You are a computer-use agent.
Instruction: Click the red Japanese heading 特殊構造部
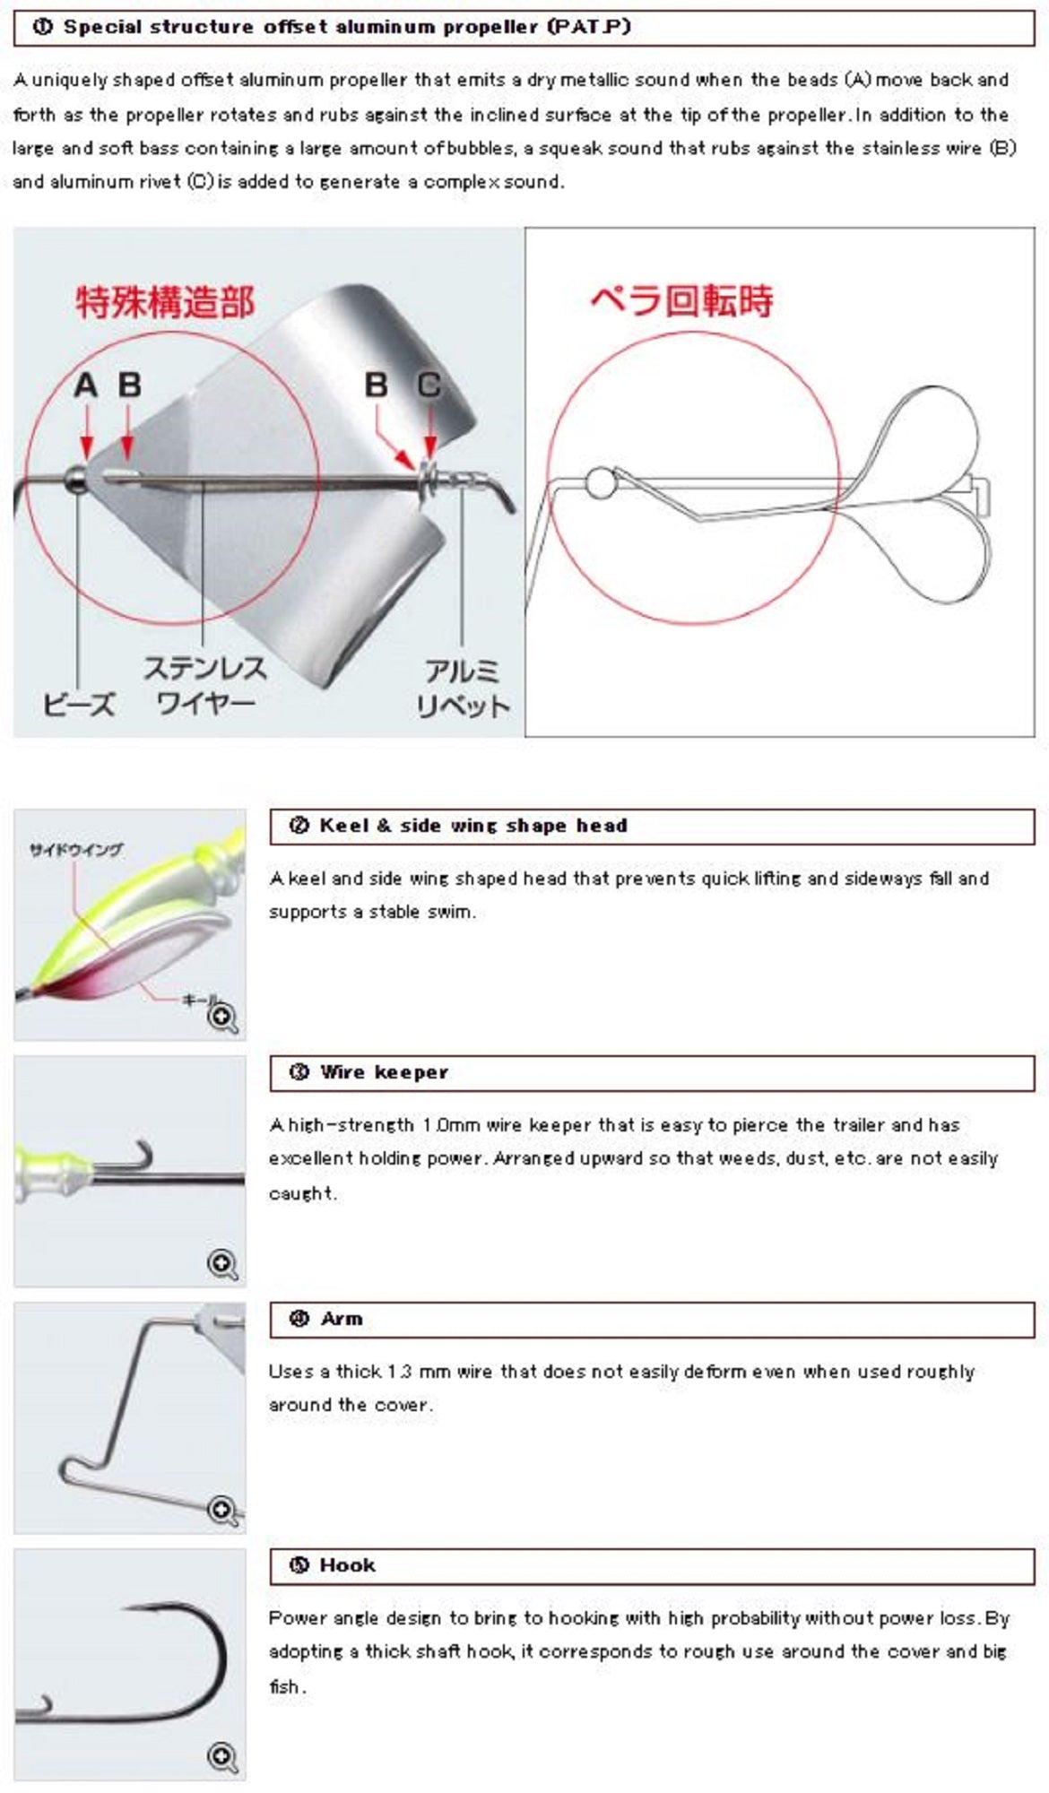[165, 302]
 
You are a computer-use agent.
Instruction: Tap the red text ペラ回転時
[681, 301]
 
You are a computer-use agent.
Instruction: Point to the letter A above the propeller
[85, 385]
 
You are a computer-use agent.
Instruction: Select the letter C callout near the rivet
[429, 385]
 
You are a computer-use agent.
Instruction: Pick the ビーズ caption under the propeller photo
[79, 705]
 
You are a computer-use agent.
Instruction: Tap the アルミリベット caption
[462, 689]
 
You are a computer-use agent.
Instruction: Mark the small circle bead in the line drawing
[600, 483]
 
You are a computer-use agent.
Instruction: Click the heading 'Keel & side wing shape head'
[472, 826]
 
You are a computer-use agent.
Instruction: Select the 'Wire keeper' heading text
[384, 1072]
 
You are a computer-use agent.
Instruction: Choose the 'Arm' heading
[342, 1319]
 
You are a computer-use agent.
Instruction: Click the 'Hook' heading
[347, 1565]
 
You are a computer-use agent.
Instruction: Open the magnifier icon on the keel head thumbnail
[222, 1018]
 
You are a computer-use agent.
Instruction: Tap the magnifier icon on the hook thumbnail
[222, 1756]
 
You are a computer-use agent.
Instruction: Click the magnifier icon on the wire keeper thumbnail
[222, 1263]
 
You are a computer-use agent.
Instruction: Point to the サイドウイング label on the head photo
[76, 850]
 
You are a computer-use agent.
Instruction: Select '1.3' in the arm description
[401, 1372]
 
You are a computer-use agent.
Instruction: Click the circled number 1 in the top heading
[42, 27]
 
